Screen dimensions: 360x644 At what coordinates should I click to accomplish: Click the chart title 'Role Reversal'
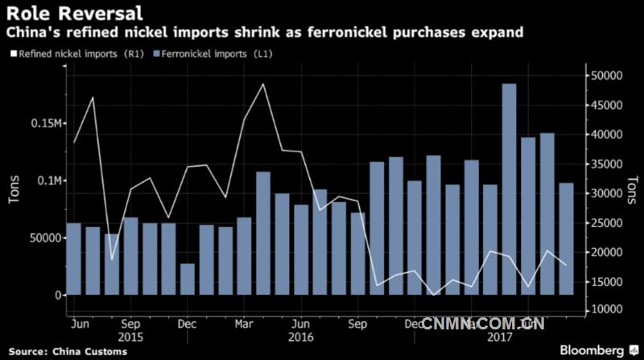click(x=76, y=14)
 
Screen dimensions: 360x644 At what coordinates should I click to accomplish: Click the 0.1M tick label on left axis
click(x=42, y=180)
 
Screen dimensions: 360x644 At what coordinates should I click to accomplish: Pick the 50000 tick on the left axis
click(x=39, y=238)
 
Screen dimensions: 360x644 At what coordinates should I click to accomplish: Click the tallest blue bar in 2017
click(x=509, y=189)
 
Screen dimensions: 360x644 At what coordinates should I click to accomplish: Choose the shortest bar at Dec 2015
click(x=188, y=279)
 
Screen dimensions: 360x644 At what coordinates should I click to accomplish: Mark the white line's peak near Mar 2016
click(x=263, y=85)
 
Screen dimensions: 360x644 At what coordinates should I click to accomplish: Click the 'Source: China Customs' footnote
click(x=63, y=351)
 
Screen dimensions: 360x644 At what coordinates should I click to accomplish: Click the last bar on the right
click(x=566, y=238)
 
